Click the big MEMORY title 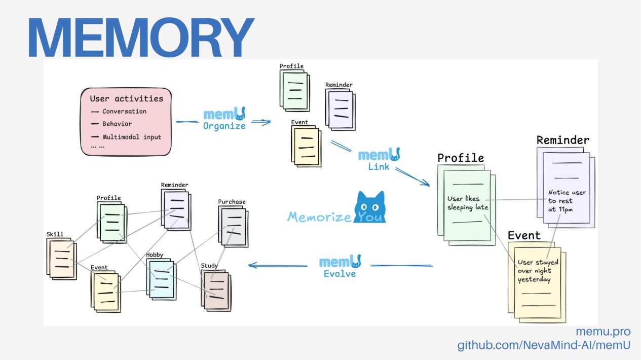[140, 38]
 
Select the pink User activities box [126, 122]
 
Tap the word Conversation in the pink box [124, 112]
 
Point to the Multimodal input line [132, 137]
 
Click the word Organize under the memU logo [224, 127]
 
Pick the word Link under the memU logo [379, 167]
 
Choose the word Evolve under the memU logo [340, 274]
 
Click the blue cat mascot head [370, 207]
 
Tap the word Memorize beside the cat [319, 217]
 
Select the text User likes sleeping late [467, 203]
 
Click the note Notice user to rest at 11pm [567, 201]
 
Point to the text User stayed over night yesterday [538, 271]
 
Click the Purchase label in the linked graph [232, 202]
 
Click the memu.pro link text [603, 332]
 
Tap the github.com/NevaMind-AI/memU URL [544, 346]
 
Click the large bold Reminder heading [563, 140]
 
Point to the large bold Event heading [524, 235]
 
